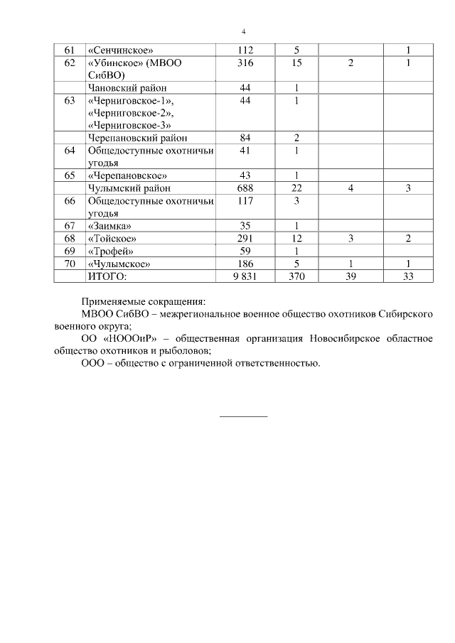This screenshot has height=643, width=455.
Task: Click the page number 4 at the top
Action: point(243,32)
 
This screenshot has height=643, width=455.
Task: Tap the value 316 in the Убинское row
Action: point(245,63)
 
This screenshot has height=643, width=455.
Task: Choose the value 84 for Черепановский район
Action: point(245,137)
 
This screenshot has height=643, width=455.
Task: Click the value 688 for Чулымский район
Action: point(245,188)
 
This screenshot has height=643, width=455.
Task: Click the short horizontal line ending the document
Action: point(243,415)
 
